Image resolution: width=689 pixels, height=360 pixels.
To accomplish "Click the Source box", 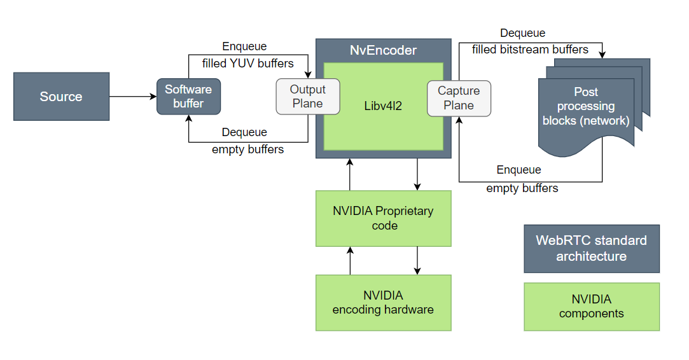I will pos(61,97).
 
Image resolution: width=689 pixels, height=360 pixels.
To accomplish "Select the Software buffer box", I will pos(188,97).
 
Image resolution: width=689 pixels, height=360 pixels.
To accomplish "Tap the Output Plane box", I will pos(307,97).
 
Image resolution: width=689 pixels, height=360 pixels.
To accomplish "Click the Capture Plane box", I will pos(459,98).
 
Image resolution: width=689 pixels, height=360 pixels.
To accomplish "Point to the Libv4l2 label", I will pos(383,106).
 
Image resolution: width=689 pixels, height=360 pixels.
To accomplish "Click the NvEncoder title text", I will pos(383,50).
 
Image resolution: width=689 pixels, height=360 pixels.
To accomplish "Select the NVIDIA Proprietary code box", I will pos(383,218).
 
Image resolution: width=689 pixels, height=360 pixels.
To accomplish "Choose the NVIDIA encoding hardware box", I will pos(383,303).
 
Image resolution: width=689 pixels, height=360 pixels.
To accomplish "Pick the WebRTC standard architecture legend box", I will pos(591,249).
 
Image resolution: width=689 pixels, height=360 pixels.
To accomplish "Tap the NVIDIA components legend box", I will pos(591,307).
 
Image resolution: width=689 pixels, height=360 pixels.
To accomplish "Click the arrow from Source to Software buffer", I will pos(132,97).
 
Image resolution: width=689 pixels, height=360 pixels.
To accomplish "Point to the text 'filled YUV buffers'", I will pos(248,64).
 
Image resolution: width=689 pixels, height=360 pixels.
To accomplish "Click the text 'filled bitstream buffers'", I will pos(530,49).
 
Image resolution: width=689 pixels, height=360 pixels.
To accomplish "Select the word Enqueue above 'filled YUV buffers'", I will pos(244,46).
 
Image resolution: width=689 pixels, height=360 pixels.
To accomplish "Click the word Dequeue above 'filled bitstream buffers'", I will pos(522,33).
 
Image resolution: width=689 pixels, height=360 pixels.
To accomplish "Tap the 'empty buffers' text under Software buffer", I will pos(247,150).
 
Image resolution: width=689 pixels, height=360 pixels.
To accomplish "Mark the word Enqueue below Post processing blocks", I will pos(518,170).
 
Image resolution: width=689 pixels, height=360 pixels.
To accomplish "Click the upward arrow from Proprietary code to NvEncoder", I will pos(350,174).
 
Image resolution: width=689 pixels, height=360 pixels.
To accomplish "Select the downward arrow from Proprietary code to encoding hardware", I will pos(417,260).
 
